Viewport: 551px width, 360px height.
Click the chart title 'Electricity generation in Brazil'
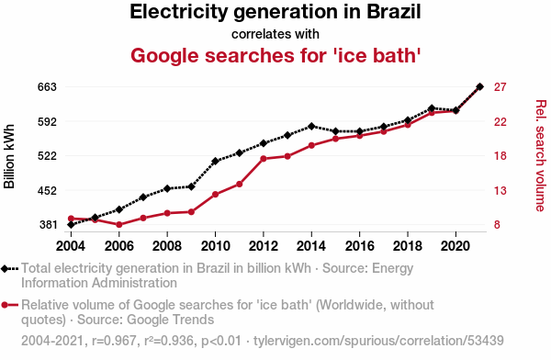click(x=275, y=12)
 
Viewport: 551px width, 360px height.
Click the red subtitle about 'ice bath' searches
click(x=275, y=55)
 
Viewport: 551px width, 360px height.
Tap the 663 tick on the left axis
click(x=47, y=87)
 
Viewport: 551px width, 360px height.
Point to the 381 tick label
click(x=48, y=225)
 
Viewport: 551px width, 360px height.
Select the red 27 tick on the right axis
click(x=500, y=87)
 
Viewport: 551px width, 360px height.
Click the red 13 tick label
click(x=500, y=190)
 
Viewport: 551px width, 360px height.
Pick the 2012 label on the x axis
click(x=264, y=246)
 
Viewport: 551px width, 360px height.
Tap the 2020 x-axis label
click(x=455, y=246)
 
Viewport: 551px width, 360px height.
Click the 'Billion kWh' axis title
click(x=9, y=156)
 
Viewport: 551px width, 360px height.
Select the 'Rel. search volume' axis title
click(x=541, y=155)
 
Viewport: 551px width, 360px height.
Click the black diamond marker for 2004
click(x=71, y=224)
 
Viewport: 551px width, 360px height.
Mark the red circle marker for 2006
click(x=119, y=225)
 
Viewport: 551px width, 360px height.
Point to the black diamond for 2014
click(x=311, y=126)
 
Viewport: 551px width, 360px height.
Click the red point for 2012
click(x=264, y=159)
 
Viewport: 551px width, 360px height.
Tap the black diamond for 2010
click(x=215, y=161)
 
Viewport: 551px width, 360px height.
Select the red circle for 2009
click(x=191, y=212)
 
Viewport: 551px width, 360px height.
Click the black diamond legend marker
click(x=5, y=269)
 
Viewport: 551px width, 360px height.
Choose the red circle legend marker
click(x=5, y=305)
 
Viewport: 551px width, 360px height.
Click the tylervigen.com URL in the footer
click(x=378, y=341)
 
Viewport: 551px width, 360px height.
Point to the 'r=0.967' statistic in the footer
click(x=114, y=341)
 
